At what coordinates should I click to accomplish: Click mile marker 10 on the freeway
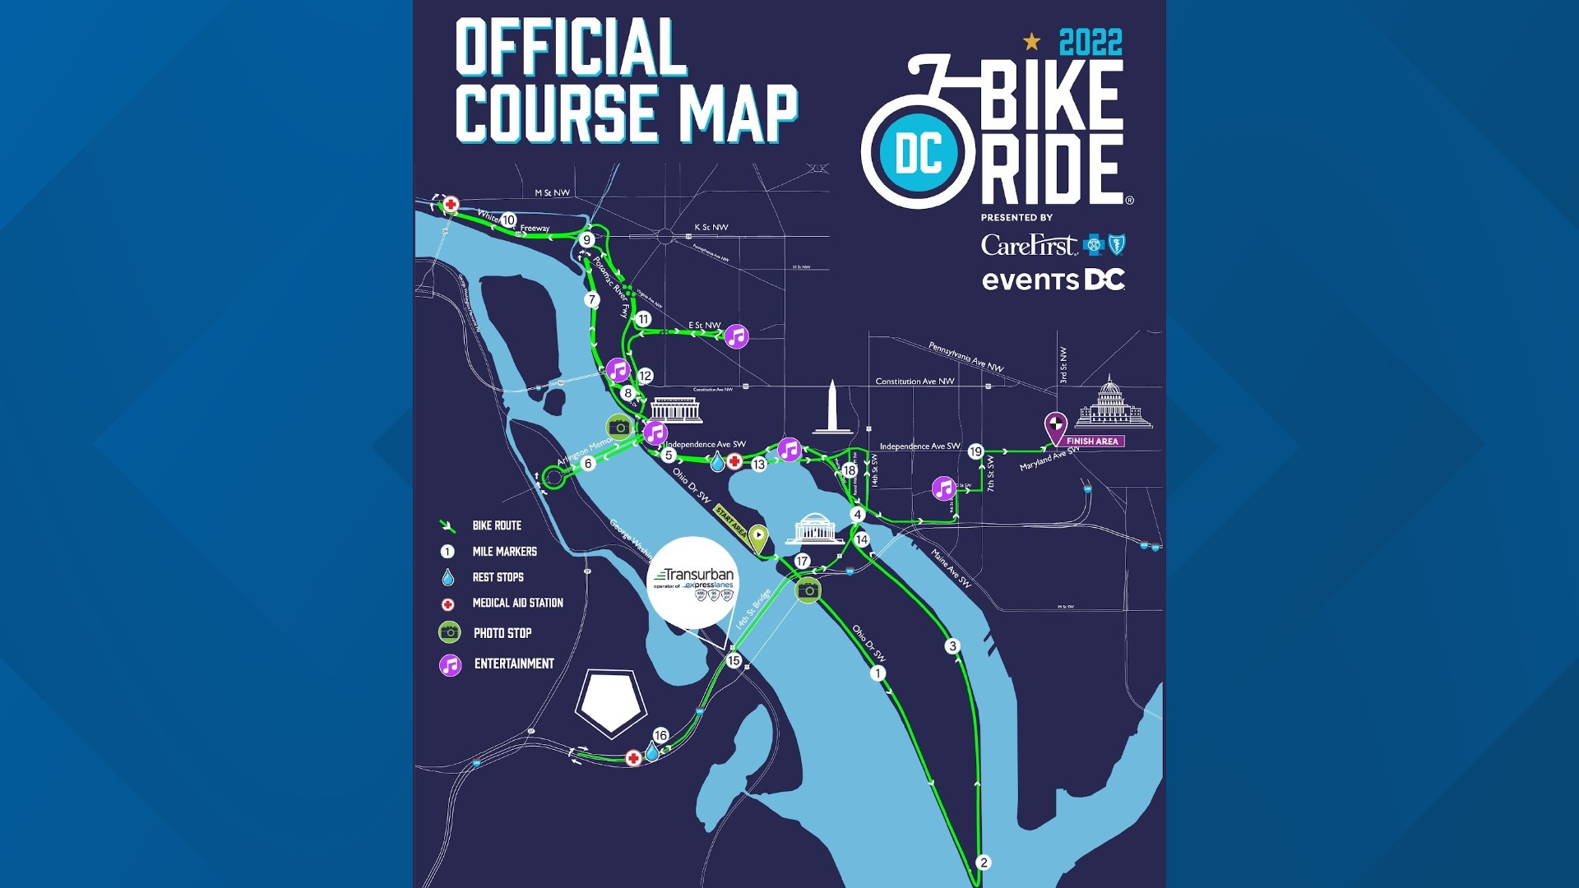[x=508, y=220]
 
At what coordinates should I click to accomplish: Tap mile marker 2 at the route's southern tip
[x=984, y=863]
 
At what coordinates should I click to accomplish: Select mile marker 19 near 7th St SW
[x=975, y=451]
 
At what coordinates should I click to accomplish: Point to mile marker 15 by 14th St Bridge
[x=734, y=660]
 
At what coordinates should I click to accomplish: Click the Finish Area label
[x=1092, y=442]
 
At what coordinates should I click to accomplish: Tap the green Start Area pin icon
[x=757, y=538]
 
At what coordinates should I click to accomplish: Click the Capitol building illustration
[x=1111, y=403]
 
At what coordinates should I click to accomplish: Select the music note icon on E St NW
[x=736, y=336]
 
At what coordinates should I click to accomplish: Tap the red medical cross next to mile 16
[x=633, y=758]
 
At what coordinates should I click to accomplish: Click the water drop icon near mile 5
[x=717, y=463]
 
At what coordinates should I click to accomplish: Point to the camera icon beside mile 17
[x=808, y=590]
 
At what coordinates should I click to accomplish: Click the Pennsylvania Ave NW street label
[x=965, y=357]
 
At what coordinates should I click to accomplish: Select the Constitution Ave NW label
[x=915, y=382]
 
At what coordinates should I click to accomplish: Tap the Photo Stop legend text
[x=502, y=633]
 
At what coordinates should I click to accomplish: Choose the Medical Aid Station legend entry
[x=517, y=603]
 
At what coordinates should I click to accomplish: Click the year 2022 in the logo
[x=1090, y=43]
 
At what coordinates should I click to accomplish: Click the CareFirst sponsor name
[x=1028, y=245]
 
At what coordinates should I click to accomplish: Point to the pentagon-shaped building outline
[x=610, y=701]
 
